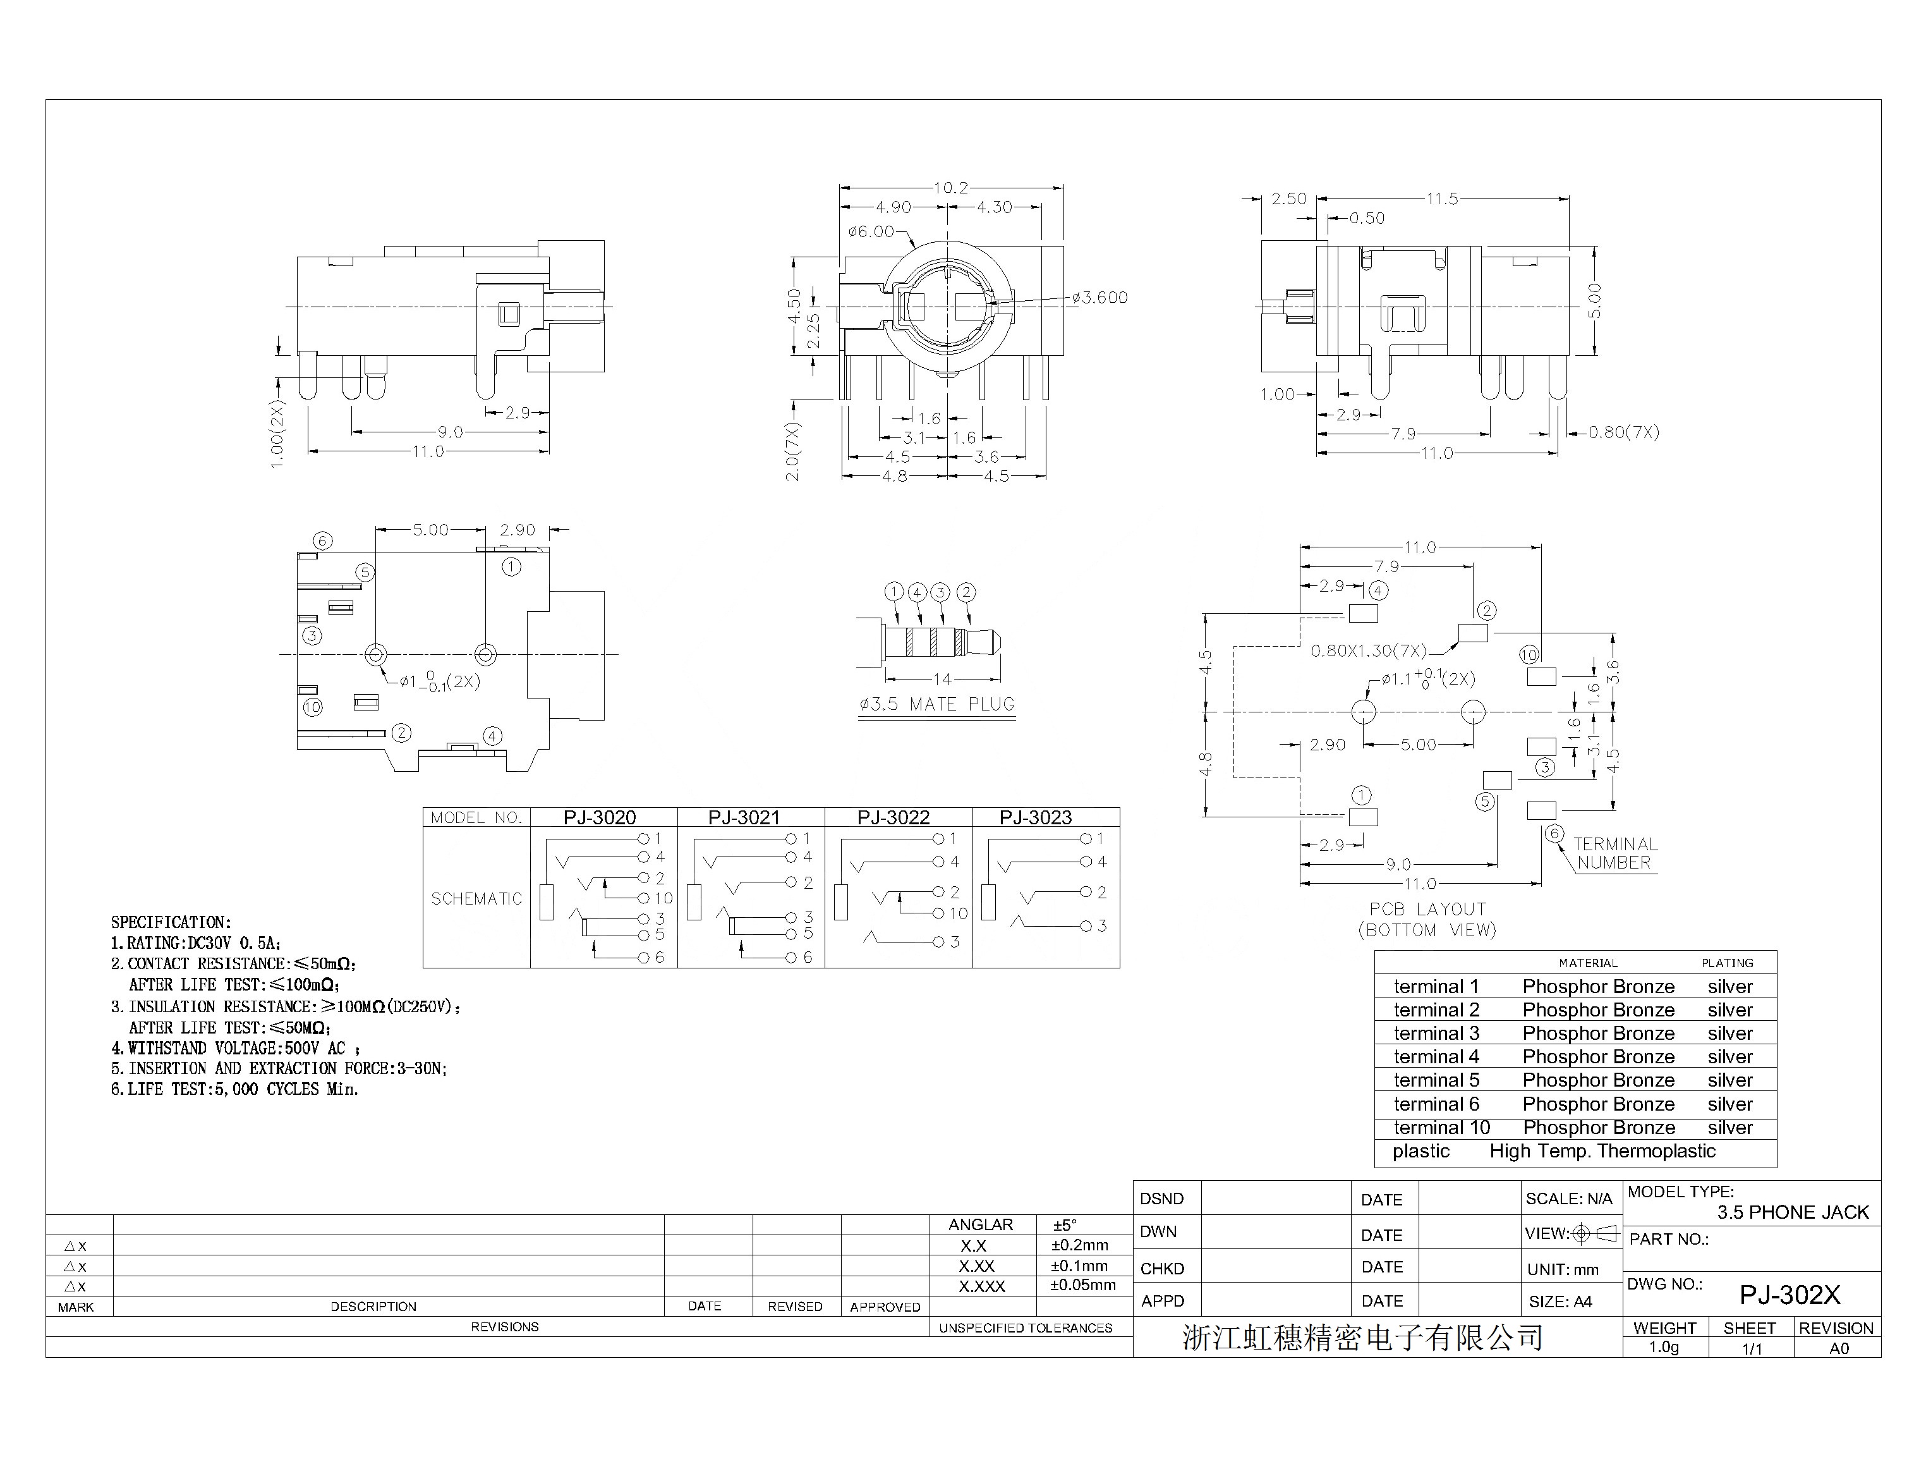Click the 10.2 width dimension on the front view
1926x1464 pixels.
pyautogui.click(x=950, y=187)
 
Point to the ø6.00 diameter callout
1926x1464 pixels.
pyautogui.click(x=871, y=231)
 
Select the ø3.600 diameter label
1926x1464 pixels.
pyautogui.click(x=1099, y=297)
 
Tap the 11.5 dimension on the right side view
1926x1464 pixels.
pyautogui.click(x=1442, y=198)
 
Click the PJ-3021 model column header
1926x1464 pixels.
pyautogui.click(x=744, y=817)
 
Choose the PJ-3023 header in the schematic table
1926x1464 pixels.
pyautogui.click(x=1035, y=817)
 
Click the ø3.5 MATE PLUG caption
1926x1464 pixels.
pyautogui.click(x=936, y=704)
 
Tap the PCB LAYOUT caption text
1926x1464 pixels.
pyautogui.click(x=1427, y=909)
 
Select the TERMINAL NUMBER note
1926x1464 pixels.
pyautogui.click(x=1615, y=853)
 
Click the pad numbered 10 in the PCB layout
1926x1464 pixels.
pyautogui.click(x=1541, y=676)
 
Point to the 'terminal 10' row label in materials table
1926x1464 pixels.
pyautogui.click(x=1442, y=1128)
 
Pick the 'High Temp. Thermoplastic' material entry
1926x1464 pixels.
pyautogui.click(x=1602, y=1151)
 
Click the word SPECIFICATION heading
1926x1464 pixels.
pyautogui.click(x=171, y=922)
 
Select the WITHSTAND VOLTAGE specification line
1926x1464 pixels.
pyautogui.click(x=235, y=1048)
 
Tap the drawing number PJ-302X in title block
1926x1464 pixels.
pyautogui.click(x=1790, y=1295)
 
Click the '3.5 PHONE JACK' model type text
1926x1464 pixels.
pyautogui.click(x=1793, y=1212)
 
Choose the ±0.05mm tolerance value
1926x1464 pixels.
pyautogui.click(x=1083, y=1285)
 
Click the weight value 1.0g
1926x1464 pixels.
pyautogui.click(x=1664, y=1347)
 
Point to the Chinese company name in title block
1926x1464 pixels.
pyautogui.click(x=1362, y=1338)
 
